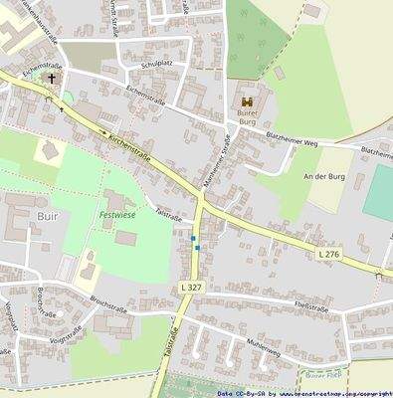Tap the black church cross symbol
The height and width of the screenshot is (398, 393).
pyautogui.click(x=52, y=78)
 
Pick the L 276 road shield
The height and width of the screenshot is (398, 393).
pyautogui.click(x=329, y=256)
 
